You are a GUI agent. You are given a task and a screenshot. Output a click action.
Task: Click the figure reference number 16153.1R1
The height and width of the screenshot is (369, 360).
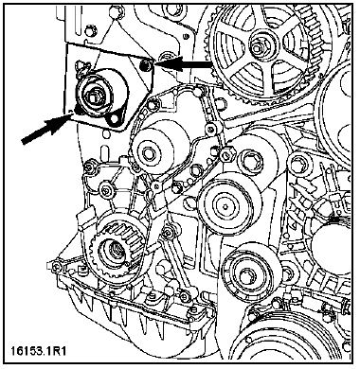point(39,351)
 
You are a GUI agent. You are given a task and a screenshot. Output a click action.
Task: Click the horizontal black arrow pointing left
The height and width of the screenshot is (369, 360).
point(184,63)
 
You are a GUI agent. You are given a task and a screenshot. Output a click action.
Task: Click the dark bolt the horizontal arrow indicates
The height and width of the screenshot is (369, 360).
point(145,65)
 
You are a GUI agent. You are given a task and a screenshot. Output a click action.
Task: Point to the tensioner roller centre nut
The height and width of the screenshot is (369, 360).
point(93,97)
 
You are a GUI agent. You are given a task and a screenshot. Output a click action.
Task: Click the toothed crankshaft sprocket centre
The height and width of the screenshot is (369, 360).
point(115,252)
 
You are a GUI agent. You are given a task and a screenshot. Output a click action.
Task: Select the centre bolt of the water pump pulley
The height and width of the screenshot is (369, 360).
point(148,154)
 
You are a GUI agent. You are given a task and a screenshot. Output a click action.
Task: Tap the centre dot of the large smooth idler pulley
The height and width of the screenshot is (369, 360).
point(225,206)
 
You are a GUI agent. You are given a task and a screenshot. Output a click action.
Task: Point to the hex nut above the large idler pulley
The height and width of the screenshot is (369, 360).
point(226,154)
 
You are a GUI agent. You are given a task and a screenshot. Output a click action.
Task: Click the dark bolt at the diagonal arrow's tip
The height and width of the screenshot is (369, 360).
point(77,111)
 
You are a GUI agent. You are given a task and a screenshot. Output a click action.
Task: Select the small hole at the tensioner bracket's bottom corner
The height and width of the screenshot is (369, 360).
point(114,119)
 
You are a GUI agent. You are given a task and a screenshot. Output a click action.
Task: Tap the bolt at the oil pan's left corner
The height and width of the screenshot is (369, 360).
point(56,267)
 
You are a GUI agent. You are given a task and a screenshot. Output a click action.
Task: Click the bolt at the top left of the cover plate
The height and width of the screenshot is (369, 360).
point(90,31)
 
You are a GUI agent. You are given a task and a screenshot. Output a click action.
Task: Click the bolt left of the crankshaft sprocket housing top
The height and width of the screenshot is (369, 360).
point(89,167)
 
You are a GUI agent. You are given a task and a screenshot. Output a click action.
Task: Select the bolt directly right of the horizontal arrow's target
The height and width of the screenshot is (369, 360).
point(163,58)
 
